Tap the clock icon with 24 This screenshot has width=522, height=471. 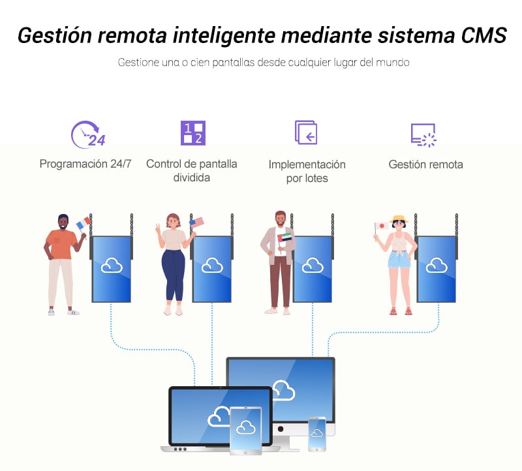tap(87, 134)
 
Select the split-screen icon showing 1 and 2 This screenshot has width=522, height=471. tap(192, 133)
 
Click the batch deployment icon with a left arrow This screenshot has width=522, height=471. tap(305, 132)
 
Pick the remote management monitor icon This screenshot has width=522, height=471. tap(423, 134)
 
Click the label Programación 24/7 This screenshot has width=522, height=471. tap(85, 164)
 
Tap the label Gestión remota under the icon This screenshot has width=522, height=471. tap(425, 164)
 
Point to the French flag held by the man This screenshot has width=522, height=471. tap(82, 224)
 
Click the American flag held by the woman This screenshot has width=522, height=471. tap(196, 222)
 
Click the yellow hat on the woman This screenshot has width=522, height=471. tap(397, 219)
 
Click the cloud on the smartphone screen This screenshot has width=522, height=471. tap(317, 433)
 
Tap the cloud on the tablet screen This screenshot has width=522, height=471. tap(245, 427)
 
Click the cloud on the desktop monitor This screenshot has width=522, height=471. tap(283, 390)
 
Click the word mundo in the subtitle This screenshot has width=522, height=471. tap(394, 63)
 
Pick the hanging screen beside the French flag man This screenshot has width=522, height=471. tap(112, 269)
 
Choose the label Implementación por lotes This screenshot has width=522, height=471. tap(307, 171)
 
